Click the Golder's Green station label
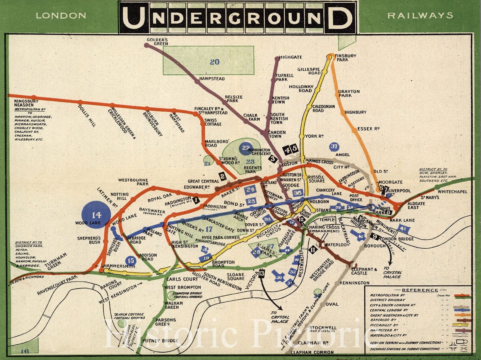click(157, 42)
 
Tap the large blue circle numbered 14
click(97, 215)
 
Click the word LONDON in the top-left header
click(61, 16)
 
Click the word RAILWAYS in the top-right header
click(420, 16)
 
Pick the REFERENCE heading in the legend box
click(420, 290)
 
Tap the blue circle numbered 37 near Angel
click(334, 146)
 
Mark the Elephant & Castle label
click(364, 271)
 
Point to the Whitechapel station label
click(452, 192)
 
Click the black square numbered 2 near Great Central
click(222, 176)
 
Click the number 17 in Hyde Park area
click(209, 229)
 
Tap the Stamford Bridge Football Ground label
click(187, 295)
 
